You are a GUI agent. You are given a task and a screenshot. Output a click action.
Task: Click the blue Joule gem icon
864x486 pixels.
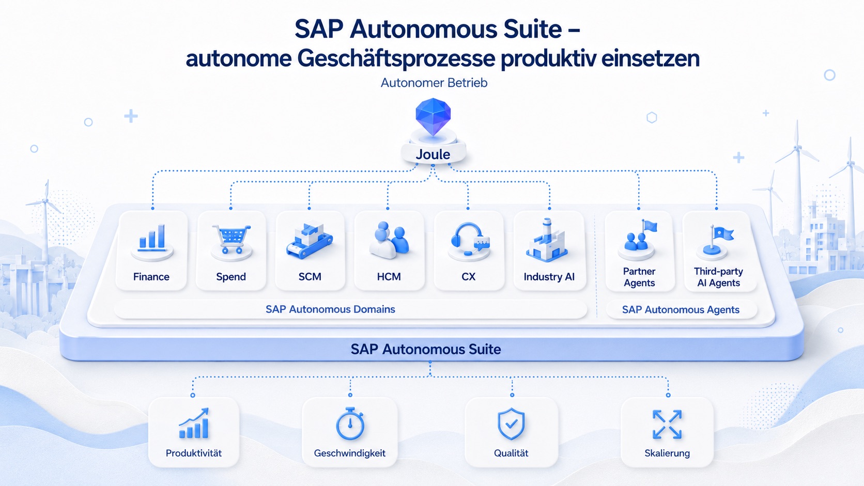click(x=433, y=116)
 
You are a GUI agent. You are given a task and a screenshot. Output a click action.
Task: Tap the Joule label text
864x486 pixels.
click(x=433, y=154)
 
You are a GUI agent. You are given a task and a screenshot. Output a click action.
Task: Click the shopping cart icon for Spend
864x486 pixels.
click(x=232, y=239)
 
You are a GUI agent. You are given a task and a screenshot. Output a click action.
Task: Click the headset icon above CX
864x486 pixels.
click(x=469, y=239)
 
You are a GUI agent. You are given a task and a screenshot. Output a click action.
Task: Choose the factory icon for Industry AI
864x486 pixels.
click(x=547, y=240)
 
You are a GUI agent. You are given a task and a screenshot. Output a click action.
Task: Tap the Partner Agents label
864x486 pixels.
click(x=639, y=277)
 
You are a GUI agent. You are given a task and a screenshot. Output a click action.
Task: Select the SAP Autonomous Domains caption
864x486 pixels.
click(x=330, y=309)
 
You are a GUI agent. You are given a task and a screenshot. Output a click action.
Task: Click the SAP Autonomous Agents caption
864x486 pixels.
click(x=681, y=309)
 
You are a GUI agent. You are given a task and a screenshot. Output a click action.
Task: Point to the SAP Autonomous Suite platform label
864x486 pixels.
click(x=426, y=349)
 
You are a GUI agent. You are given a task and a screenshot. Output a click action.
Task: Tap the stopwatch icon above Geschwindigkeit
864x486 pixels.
click(x=350, y=424)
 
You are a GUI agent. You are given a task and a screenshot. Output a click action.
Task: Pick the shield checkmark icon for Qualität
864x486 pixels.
click(x=511, y=424)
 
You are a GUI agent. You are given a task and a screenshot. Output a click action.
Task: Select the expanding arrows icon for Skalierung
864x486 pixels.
click(x=667, y=425)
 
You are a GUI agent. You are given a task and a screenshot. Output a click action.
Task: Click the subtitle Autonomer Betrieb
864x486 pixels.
click(x=434, y=83)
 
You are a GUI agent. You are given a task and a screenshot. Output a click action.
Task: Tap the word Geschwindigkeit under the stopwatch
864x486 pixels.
click(x=349, y=453)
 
